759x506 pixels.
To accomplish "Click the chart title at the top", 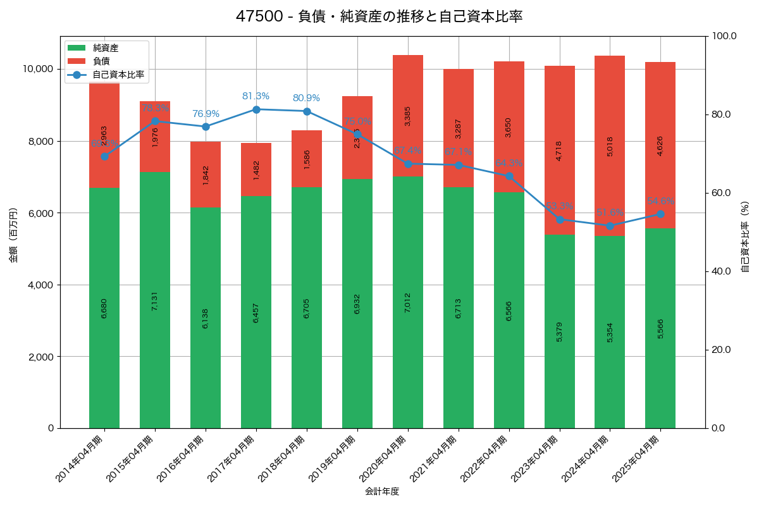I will click(x=379, y=16).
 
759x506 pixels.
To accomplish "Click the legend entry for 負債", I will click(x=101, y=61).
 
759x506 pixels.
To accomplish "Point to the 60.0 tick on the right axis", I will click(x=720, y=193).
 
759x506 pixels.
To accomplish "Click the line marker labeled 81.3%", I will click(x=256, y=109).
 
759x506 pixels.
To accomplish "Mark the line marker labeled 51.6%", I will click(x=610, y=226).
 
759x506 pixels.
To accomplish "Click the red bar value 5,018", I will click(x=610, y=146).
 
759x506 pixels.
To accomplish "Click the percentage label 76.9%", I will click(x=206, y=114).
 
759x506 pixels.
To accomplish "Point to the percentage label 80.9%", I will click(x=306, y=98).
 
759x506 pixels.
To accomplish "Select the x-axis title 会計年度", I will click(x=382, y=491).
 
